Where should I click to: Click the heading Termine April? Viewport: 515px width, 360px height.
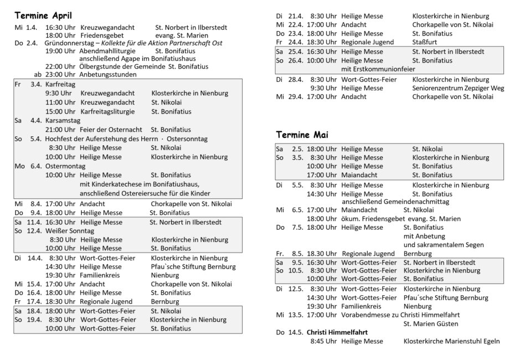click(43, 16)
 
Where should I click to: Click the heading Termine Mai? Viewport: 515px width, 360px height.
click(302, 135)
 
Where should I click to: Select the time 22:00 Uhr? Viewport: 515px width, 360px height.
click(60, 66)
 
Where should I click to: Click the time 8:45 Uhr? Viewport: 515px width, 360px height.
click(323, 341)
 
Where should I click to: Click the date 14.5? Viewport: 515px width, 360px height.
click(296, 332)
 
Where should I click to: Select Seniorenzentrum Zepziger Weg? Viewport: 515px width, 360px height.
click(458, 88)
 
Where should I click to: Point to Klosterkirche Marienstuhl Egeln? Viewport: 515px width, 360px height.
click(452, 341)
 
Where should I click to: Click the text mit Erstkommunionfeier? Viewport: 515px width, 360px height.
click(378, 69)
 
